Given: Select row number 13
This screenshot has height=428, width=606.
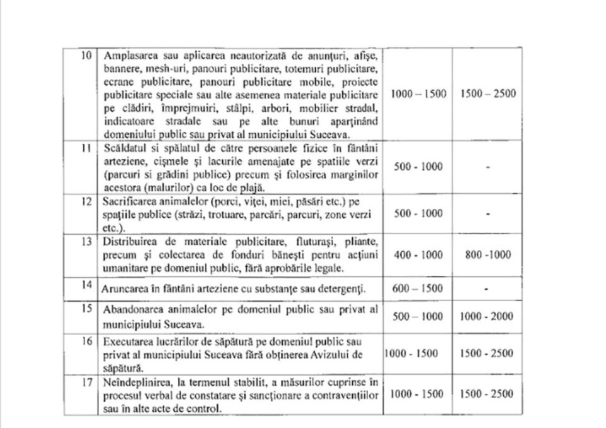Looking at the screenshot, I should coord(90,243).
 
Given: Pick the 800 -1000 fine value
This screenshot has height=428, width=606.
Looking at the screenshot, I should coord(487,255).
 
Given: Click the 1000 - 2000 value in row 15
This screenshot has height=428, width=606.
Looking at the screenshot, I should coord(487,317).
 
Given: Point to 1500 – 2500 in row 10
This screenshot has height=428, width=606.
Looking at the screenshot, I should coord(487,94).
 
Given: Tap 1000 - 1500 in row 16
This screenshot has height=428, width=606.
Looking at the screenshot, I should coord(412,354).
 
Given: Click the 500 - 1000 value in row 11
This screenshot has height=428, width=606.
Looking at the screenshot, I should coord(418,167).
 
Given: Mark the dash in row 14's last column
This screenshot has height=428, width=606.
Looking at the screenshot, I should coord(487,290).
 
